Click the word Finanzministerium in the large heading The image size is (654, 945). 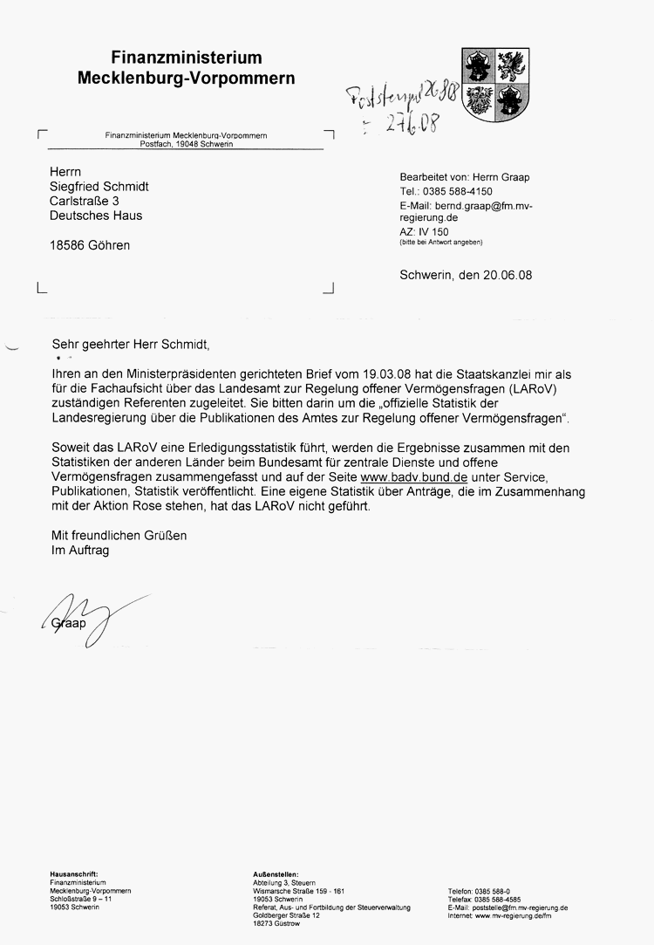[187, 58]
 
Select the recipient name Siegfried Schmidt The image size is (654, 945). [99, 187]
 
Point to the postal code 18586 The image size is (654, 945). [67, 245]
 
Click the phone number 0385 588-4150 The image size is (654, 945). [458, 191]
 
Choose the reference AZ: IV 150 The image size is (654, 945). [424, 232]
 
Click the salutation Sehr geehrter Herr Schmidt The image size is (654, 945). [131, 344]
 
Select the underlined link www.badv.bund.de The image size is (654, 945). [414, 478]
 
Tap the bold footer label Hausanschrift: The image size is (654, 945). [74, 873]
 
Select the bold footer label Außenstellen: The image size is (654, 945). [276, 873]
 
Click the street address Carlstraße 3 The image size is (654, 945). [85, 201]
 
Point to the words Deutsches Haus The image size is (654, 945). [96, 216]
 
